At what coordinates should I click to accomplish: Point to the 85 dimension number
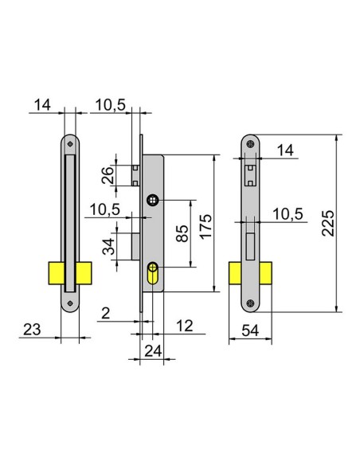click(x=182, y=232)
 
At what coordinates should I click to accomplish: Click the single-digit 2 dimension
click(x=106, y=313)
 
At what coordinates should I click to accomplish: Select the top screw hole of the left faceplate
click(x=70, y=144)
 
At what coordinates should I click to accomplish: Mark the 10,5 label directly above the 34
click(x=106, y=210)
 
